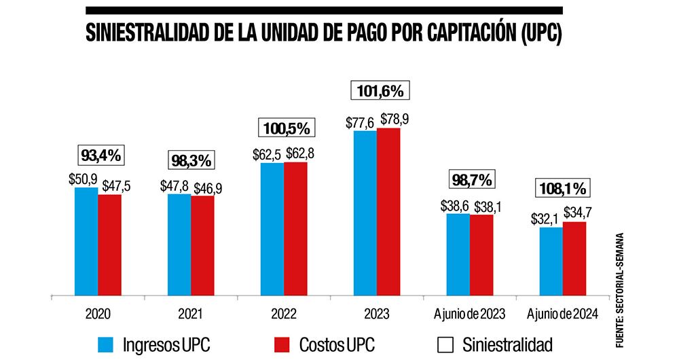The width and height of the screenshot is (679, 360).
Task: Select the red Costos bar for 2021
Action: pyautogui.click(x=202, y=245)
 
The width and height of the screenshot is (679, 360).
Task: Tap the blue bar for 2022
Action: pyautogui.click(x=272, y=229)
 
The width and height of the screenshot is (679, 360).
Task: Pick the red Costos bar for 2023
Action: pyautogui.click(x=388, y=211)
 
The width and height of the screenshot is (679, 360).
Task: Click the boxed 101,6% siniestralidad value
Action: pyautogui.click(x=378, y=90)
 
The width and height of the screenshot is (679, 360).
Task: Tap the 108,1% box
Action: pyautogui.click(x=562, y=187)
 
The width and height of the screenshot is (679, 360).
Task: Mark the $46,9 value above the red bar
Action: pyautogui.click(x=208, y=187)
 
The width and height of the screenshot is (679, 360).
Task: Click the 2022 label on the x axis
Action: pyautogui.click(x=284, y=314)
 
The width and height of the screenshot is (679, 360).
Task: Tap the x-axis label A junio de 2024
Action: pyautogui.click(x=562, y=314)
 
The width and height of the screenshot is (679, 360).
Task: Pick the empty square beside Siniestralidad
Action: pyautogui.click(x=445, y=344)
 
